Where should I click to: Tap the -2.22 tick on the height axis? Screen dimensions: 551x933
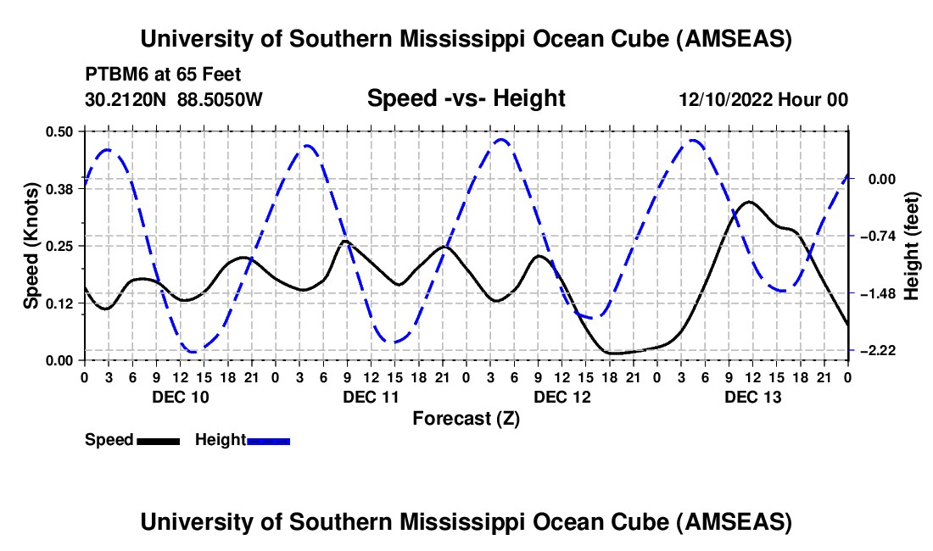[873, 350]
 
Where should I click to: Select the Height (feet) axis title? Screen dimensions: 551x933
[912, 246]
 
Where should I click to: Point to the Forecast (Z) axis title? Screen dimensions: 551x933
[466, 418]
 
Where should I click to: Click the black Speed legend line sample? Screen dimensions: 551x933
[158, 440]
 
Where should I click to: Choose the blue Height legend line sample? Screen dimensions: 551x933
[268, 440]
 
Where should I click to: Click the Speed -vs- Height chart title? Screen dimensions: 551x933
[466, 98]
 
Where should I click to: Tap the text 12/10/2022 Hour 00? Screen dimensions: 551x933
[763, 100]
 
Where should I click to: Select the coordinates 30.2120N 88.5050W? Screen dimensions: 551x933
[174, 100]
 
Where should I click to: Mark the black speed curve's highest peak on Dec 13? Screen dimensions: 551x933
[747, 202]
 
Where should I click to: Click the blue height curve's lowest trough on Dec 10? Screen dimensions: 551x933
[193, 351]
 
